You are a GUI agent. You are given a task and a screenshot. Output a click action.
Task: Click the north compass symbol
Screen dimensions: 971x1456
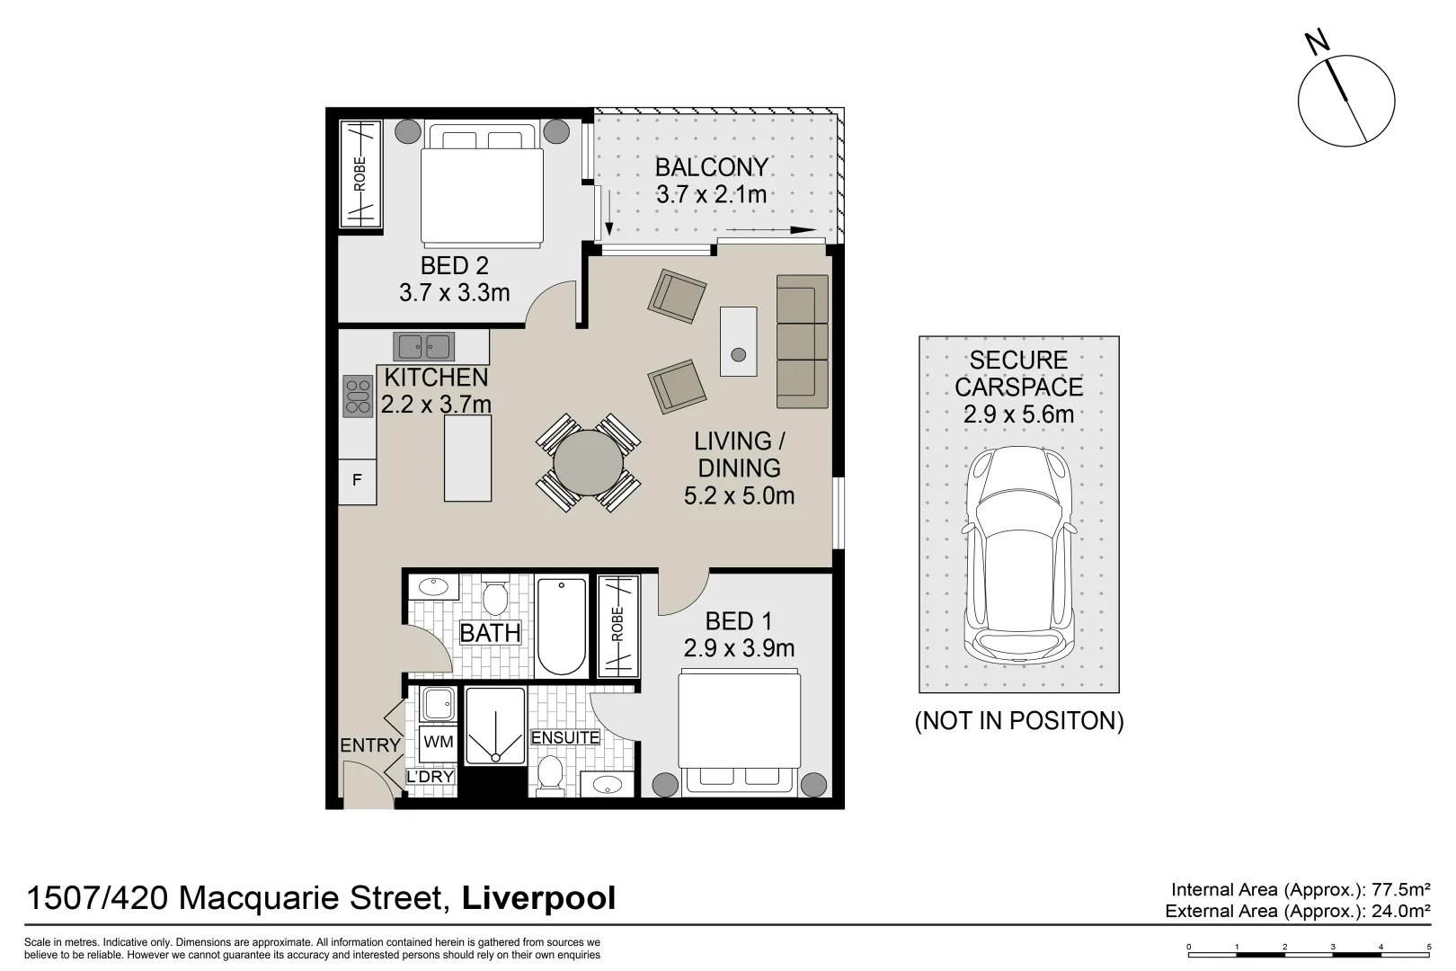click(x=1346, y=99)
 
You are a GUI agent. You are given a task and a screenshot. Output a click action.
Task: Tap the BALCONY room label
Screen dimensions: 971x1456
click(x=711, y=167)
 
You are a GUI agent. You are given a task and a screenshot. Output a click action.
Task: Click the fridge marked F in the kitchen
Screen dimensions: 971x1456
click(x=357, y=481)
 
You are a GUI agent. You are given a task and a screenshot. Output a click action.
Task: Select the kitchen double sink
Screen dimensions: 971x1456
click(x=424, y=345)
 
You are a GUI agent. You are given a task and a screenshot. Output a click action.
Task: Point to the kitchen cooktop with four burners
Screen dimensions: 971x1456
click(x=358, y=396)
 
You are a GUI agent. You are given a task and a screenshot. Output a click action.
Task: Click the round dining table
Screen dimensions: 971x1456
click(x=588, y=463)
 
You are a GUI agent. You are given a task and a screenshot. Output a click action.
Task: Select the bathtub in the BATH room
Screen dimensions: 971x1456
click(x=562, y=627)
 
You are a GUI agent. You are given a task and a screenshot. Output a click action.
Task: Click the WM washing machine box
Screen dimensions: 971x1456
click(x=438, y=743)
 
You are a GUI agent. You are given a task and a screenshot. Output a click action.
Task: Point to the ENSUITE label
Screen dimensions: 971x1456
click(x=565, y=737)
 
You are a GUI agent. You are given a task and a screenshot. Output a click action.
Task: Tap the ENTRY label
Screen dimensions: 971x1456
click(x=369, y=745)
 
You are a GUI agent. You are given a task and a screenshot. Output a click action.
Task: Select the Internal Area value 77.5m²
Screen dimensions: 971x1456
click(x=1400, y=890)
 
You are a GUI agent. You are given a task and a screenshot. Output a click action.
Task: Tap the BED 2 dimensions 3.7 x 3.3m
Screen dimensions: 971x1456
click(x=454, y=292)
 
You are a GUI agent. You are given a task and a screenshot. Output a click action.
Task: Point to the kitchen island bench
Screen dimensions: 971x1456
click(x=468, y=458)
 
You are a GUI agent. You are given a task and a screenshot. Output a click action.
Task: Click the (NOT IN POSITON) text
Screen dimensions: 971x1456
click(x=1018, y=721)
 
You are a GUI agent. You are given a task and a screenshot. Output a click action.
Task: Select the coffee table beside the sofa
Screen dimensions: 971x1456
click(x=738, y=341)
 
